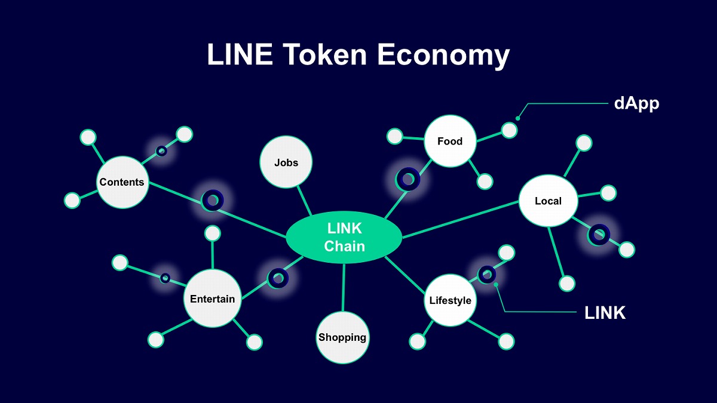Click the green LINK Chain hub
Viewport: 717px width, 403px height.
pos(344,237)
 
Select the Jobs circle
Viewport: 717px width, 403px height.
pos(286,162)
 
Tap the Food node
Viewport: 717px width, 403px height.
pos(450,141)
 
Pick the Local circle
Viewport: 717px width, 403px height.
pos(548,201)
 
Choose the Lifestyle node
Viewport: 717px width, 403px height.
pos(450,300)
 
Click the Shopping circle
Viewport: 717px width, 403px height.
pos(342,337)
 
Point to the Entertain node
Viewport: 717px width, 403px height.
pos(212,299)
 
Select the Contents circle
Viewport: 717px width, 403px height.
pos(122,182)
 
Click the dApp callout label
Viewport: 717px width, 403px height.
pos(636,103)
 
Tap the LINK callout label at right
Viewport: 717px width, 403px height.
pos(605,312)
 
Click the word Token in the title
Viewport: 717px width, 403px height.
pos(324,54)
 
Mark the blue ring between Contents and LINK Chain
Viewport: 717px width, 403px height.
pos(212,201)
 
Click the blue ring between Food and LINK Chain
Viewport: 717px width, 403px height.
pos(409,178)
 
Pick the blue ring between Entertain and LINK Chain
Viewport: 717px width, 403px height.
pos(278,277)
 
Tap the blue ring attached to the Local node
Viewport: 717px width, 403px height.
pos(598,234)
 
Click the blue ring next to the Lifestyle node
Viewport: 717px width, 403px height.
pos(487,274)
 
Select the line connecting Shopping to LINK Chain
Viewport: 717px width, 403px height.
pos(344,288)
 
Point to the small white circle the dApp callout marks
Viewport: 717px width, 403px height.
pos(509,130)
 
